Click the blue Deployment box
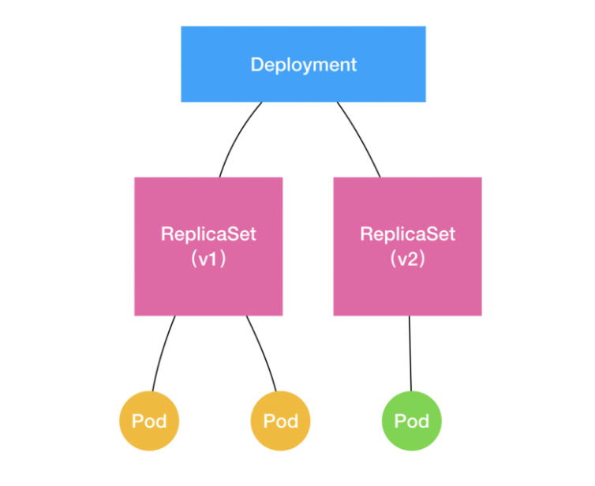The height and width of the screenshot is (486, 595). coord(303,64)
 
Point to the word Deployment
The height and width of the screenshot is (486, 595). coord(304,65)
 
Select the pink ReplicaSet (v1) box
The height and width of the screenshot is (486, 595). coord(208,246)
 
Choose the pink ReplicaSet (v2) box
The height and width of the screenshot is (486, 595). coord(407,246)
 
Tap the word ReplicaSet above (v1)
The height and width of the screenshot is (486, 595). coord(208,234)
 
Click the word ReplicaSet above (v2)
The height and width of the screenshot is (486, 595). coord(407,234)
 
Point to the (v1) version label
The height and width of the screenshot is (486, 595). coord(208,259)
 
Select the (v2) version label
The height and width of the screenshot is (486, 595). coord(407,259)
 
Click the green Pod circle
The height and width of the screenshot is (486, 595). coord(412,421)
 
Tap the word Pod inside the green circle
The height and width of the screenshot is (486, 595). coord(412,421)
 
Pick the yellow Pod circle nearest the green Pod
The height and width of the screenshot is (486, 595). coord(280,421)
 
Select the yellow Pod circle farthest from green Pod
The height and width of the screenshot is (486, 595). coord(149,421)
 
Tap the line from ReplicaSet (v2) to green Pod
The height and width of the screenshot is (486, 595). coord(410,353)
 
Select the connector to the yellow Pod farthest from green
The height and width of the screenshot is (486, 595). coord(161,353)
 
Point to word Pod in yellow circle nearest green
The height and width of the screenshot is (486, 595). coord(280,421)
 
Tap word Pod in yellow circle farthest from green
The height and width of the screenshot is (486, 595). coord(149,421)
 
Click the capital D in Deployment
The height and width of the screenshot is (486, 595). coord(257,65)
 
